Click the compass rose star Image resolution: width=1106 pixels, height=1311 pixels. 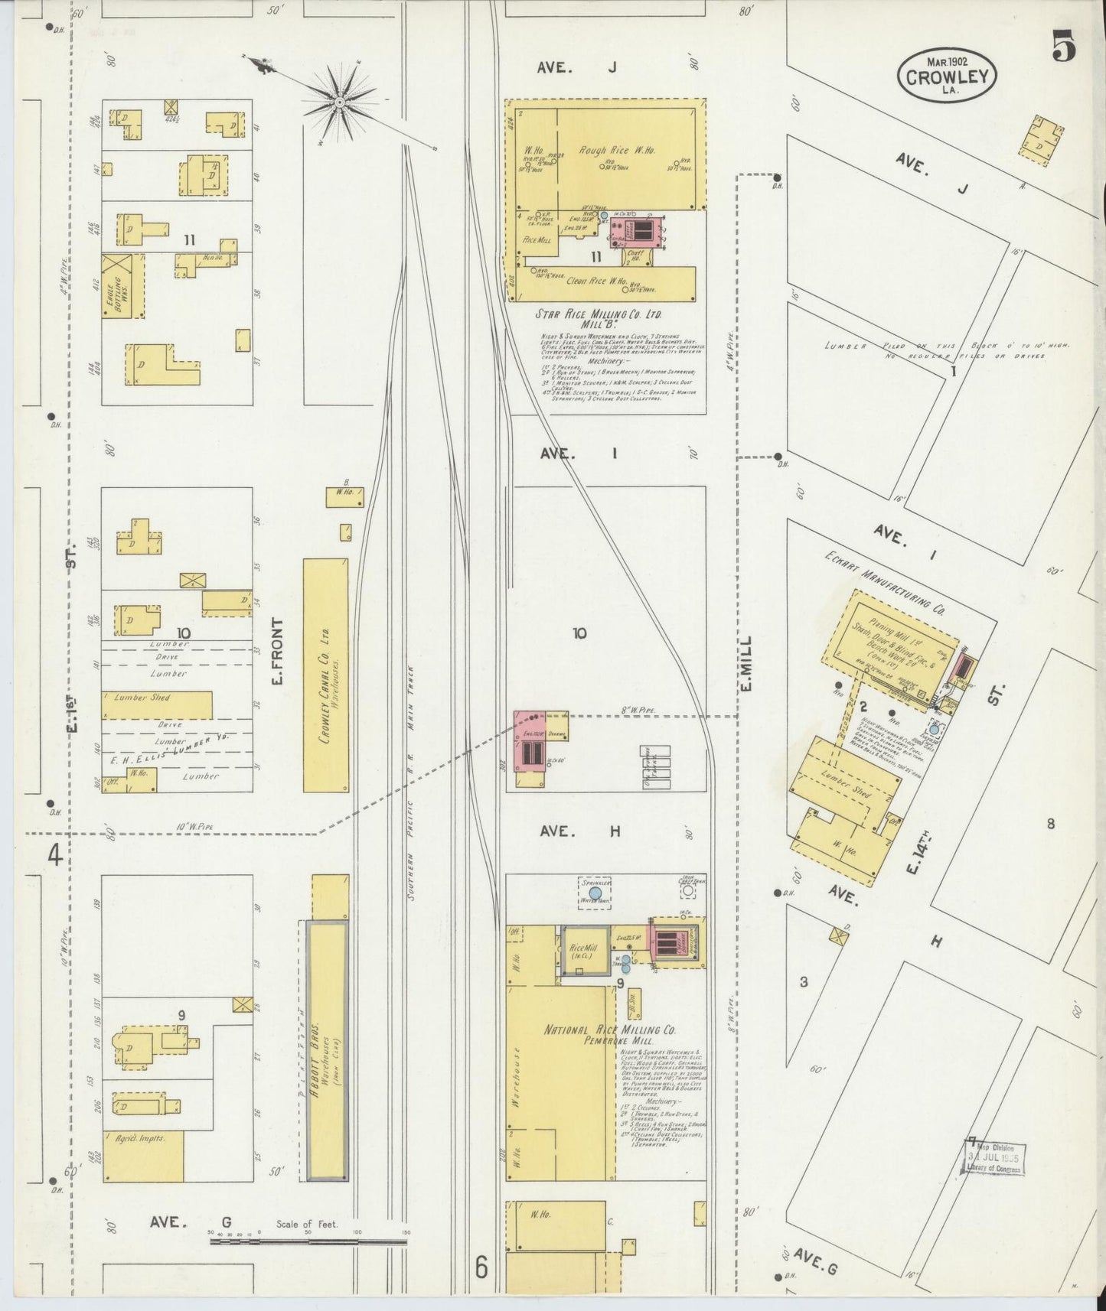(338, 101)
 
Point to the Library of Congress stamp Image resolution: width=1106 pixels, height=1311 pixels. (993, 1159)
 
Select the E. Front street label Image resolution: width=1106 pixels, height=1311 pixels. (277, 652)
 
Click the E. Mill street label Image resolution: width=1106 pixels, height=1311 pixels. (746, 663)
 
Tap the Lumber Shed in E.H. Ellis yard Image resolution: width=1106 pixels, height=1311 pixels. (156, 704)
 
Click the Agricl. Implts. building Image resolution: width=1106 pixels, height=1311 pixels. (142, 1155)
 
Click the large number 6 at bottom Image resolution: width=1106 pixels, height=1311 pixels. (480, 1267)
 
